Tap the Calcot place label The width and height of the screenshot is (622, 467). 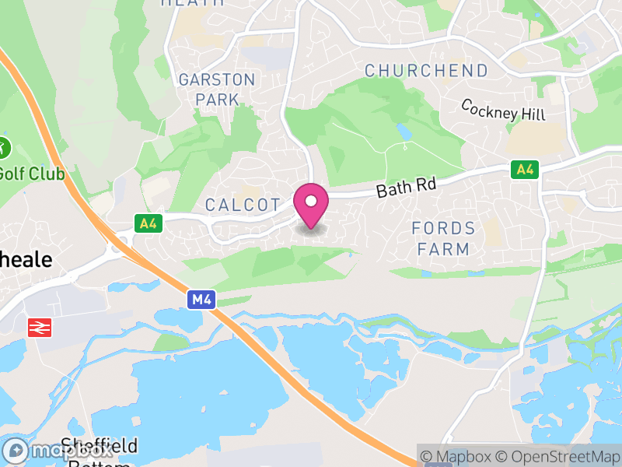pos(243,205)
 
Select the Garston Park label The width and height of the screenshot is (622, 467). pos(216,90)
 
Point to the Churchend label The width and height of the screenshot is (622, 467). pos(427,71)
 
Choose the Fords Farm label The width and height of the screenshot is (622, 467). pos(443,238)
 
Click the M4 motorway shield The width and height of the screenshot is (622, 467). pos(201,299)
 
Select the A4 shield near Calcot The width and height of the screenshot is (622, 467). pos(146,223)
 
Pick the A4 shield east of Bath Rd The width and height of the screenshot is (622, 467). pos(525,169)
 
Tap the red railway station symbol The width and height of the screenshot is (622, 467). pos(39,328)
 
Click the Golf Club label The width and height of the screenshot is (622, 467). pos(31,173)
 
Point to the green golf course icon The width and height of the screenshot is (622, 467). pos(3,146)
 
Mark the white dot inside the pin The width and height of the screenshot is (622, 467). pos(311,201)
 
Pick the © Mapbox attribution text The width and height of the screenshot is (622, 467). pos(459,456)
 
